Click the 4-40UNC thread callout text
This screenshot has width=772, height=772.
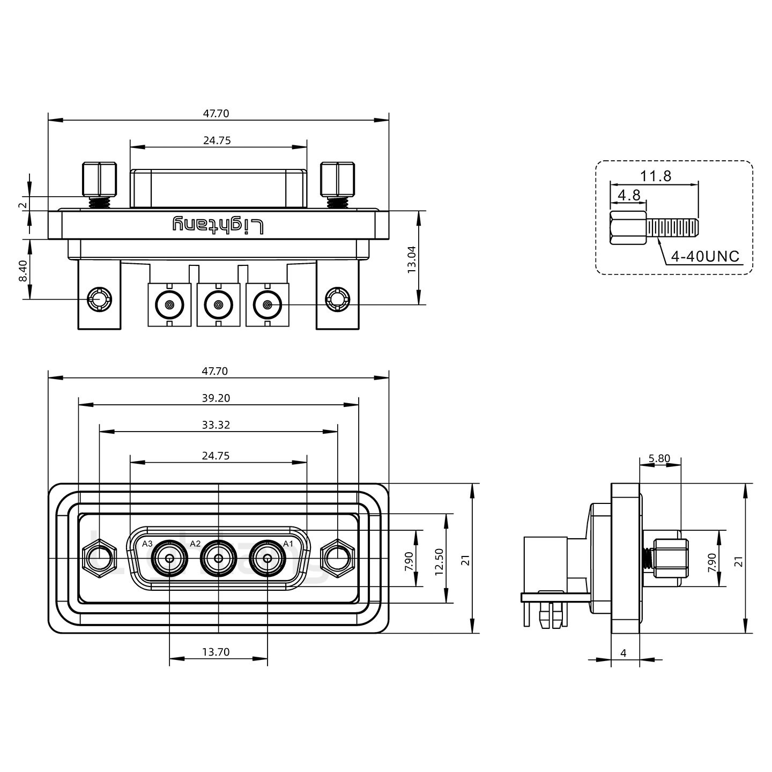coord(705,257)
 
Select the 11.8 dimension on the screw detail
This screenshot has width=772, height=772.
coord(655,176)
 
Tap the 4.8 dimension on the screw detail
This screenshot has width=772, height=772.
coord(629,195)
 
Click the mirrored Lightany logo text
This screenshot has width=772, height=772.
coord(218,225)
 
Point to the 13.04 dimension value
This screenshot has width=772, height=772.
coord(412,259)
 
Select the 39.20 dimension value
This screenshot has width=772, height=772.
coord(217,398)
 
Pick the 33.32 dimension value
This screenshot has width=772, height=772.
coord(217,425)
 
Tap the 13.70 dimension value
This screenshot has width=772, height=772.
coord(216,652)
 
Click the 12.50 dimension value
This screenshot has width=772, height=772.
coord(440,562)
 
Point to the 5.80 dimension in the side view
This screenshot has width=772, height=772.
coord(659,458)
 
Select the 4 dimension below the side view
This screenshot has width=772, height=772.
coord(623,653)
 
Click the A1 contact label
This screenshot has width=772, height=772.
coord(288,544)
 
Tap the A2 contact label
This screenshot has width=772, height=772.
coord(196,544)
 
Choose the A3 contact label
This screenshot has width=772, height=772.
coord(147,544)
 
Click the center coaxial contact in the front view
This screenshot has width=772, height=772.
coord(219,559)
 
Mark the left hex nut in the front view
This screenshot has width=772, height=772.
coord(100,559)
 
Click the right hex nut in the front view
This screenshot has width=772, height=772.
coord(337,559)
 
